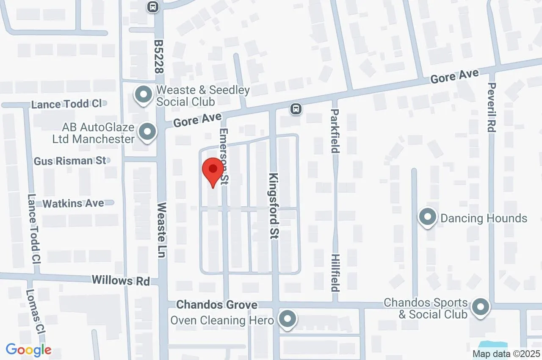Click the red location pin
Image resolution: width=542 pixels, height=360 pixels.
[213, 171]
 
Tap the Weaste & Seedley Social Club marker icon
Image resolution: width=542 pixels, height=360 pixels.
[143, 94]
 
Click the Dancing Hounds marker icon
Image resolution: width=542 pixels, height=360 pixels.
[428, 218]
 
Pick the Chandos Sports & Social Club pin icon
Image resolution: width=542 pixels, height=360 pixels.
[480, 307]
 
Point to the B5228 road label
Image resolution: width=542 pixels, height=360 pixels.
[159, 57]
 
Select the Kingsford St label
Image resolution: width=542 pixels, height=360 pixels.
[274, 206]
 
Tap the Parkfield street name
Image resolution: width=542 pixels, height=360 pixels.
[335, 132]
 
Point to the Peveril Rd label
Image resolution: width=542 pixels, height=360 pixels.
[491, 108]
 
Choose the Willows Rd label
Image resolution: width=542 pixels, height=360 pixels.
[121, 280]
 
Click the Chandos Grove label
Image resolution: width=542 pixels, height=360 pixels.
[217, 305]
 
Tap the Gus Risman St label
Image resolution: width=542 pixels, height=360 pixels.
[70, 161]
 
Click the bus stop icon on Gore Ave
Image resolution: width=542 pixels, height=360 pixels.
[296, 109]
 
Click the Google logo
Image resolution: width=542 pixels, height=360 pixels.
[28, 350]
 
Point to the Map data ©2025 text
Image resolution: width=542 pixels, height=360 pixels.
[506, 353]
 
